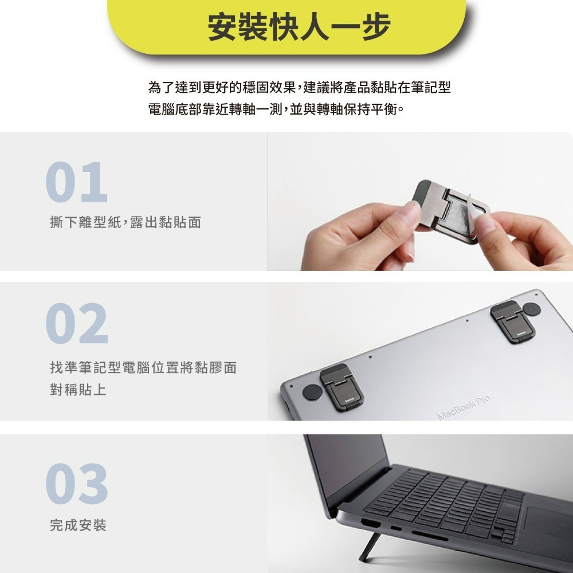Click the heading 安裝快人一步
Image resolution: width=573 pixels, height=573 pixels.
click(299, 27)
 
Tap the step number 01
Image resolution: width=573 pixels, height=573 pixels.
click(77, 183)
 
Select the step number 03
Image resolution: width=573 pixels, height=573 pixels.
click(77, 484)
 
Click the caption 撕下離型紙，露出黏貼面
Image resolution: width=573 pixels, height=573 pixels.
click(125, 222)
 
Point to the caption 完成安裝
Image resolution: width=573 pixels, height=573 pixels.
click(79, 525)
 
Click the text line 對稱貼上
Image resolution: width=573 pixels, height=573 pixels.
click(79, 390)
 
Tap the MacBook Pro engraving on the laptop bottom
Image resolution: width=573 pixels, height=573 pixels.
click(464, 407)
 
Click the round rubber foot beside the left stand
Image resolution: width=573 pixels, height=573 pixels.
click(311, 392)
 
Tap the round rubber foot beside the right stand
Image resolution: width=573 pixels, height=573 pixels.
click(532, 309)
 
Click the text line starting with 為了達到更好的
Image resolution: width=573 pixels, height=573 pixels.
click(299, 88)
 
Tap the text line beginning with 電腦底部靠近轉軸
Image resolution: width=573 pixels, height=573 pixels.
click(276, 108)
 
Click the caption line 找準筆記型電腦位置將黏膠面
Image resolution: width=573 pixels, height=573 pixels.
click(143, 368)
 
